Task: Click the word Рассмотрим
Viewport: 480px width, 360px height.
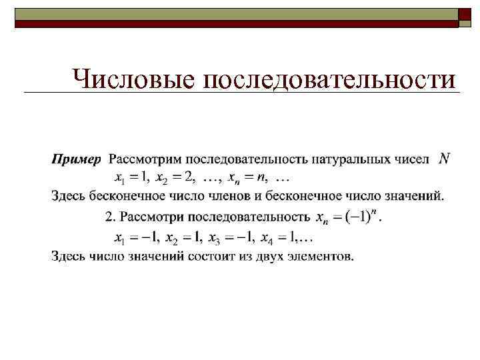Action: (145, 160)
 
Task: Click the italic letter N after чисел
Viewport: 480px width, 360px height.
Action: (445, 159)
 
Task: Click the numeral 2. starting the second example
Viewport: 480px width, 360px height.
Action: (111, 216)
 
